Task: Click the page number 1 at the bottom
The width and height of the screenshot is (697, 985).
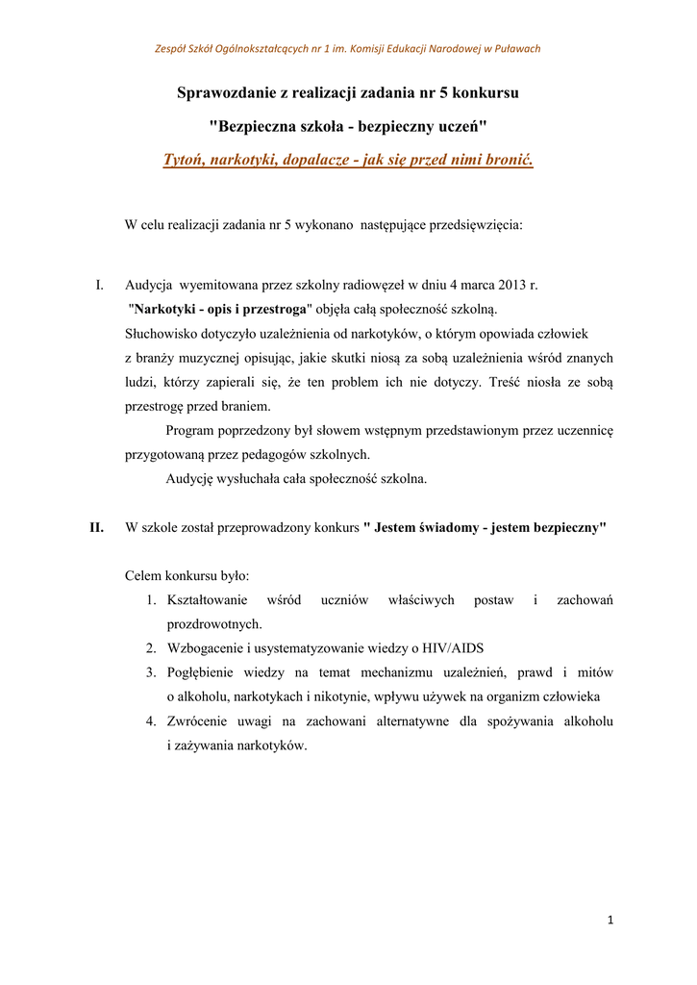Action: point(610,921)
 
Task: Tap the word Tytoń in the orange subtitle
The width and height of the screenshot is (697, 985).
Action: point(186,159)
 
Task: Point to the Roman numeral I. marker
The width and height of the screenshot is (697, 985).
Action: point(99,286)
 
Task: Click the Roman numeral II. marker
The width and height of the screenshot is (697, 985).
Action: point(96,527)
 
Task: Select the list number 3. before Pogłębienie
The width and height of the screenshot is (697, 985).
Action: point(151,671)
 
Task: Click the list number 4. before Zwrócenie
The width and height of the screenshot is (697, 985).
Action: point(151,720)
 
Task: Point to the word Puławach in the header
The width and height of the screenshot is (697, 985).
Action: point(515,49)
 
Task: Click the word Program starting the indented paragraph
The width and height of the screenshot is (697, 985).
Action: point(193,430)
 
